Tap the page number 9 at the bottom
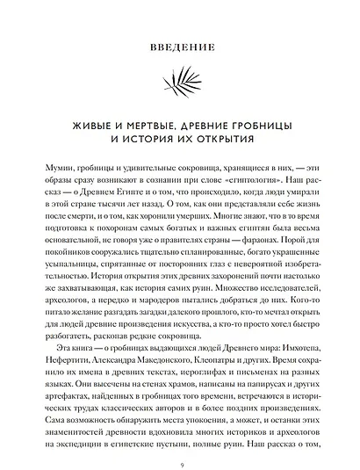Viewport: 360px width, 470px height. click(x=180, y=465)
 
